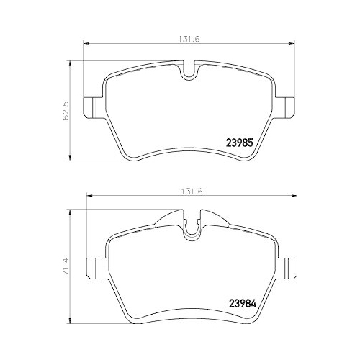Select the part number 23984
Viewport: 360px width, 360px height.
click(243, 302)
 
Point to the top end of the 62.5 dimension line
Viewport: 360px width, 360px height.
click(69, 62)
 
